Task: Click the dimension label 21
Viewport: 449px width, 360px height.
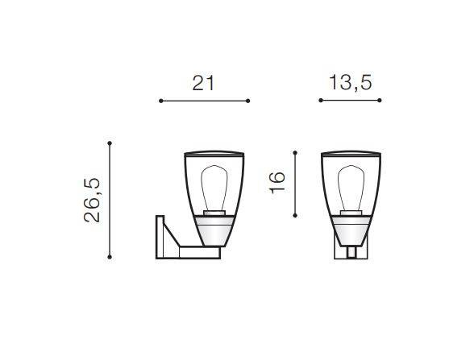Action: (203, 83)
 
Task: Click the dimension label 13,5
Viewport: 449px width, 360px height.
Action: (350, 83)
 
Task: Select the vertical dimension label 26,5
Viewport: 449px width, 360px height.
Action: (92, 200)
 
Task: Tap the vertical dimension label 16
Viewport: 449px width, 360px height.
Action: (277, 183)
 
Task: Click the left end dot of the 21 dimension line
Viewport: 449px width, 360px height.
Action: (161, 101)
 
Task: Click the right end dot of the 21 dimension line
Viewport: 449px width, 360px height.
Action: (248, 101)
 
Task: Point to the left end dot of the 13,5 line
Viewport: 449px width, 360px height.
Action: (321, 100)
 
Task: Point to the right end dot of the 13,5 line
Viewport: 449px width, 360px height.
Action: (380, 100)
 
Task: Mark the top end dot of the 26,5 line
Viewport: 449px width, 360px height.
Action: (110, 143)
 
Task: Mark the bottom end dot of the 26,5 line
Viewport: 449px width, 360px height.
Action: (110, 257)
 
